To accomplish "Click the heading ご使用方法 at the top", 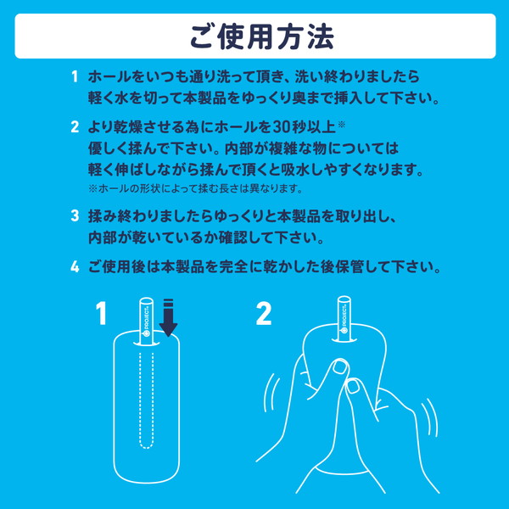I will coord(254,37).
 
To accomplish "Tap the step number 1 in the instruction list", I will coord(76,77).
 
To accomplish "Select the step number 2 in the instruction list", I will coord(76,128).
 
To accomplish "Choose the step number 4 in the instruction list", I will coord(76,268).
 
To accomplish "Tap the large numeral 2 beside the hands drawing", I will coord(264,315).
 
